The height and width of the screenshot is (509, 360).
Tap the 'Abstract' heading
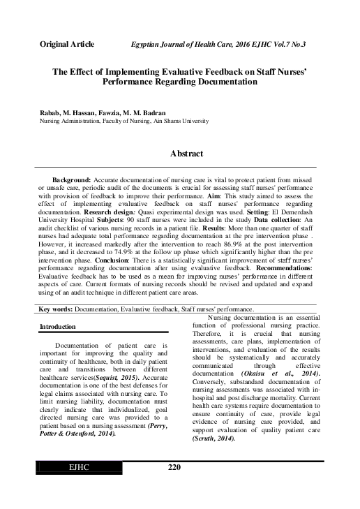(186, 154)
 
